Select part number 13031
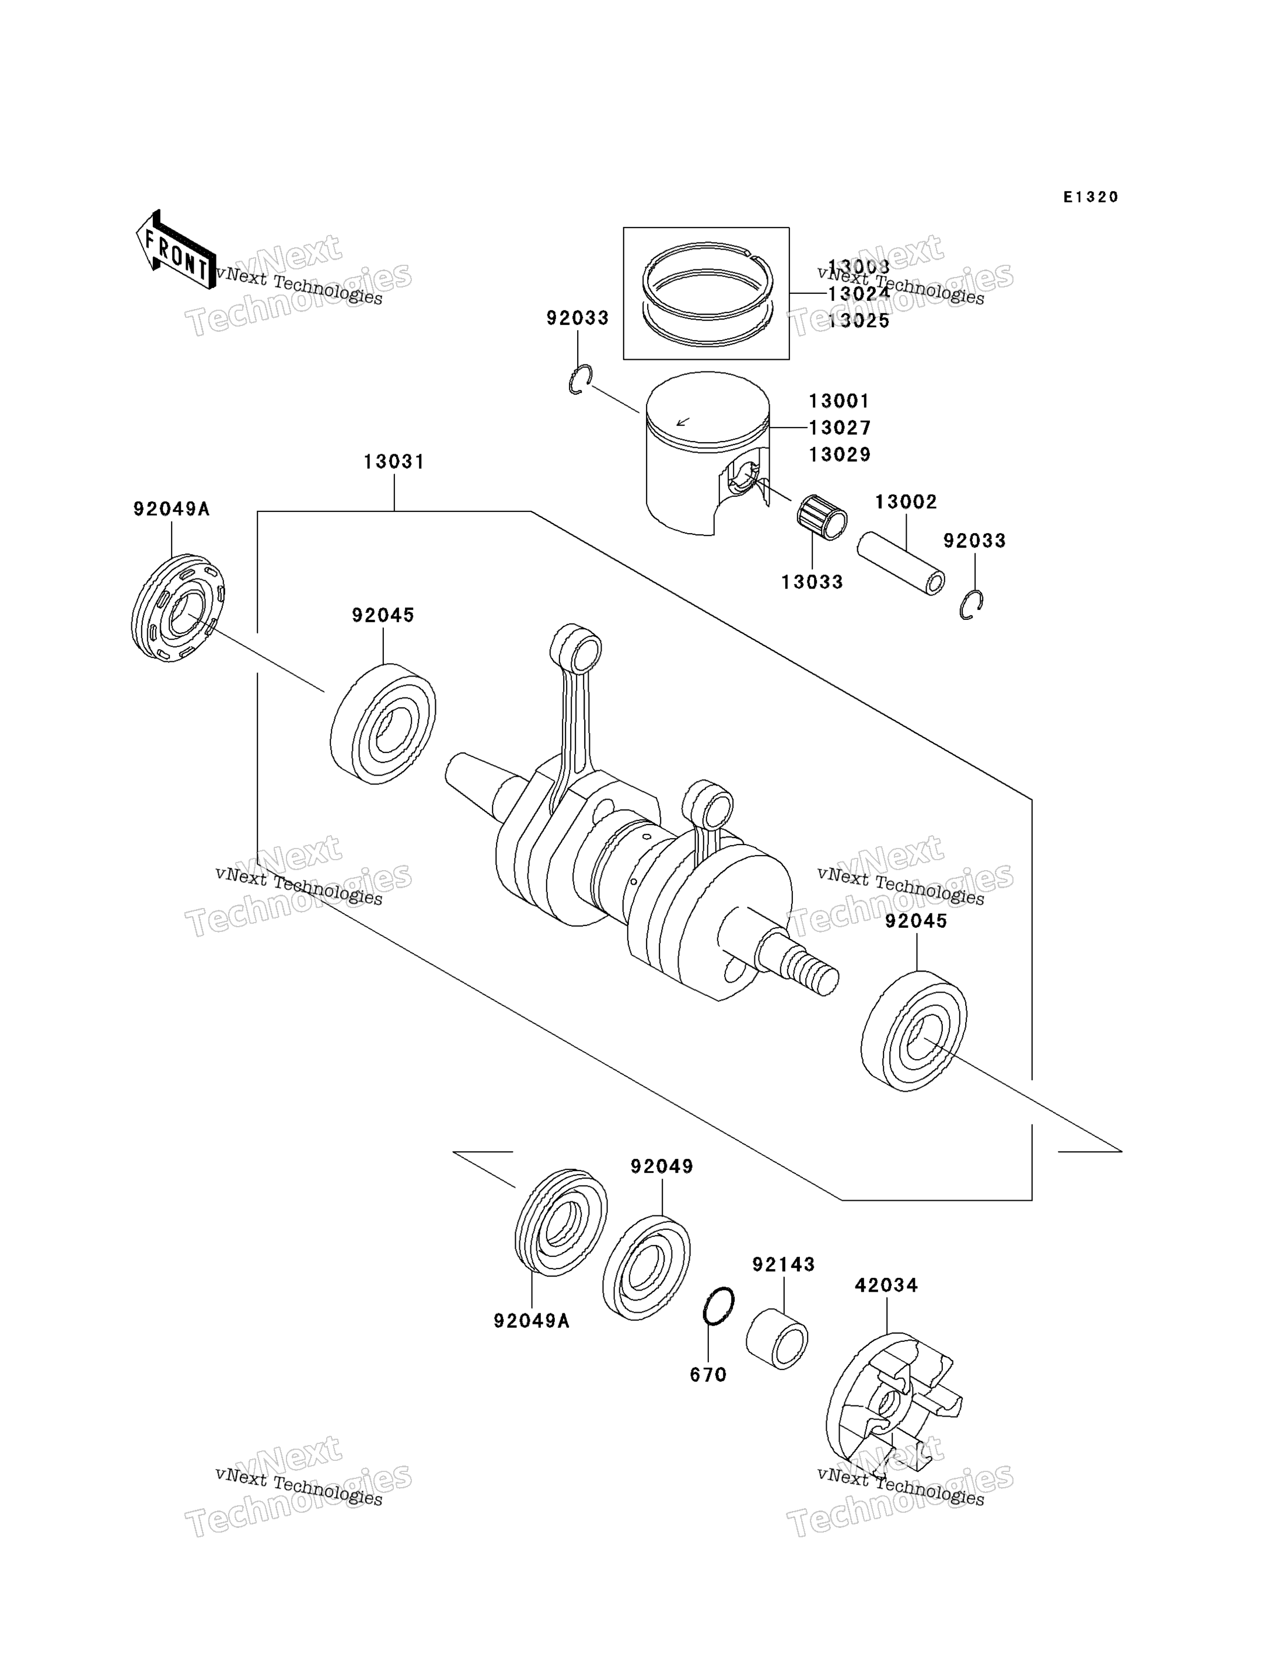(x=394, y=462)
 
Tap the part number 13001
(x=838, y=401)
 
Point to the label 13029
(x=839, y=454)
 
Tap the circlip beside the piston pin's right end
(x=971, y=604)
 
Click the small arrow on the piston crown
(x=683, y=421)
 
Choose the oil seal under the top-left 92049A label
(x=177, y=608)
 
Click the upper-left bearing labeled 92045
(x=383, y=724)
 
